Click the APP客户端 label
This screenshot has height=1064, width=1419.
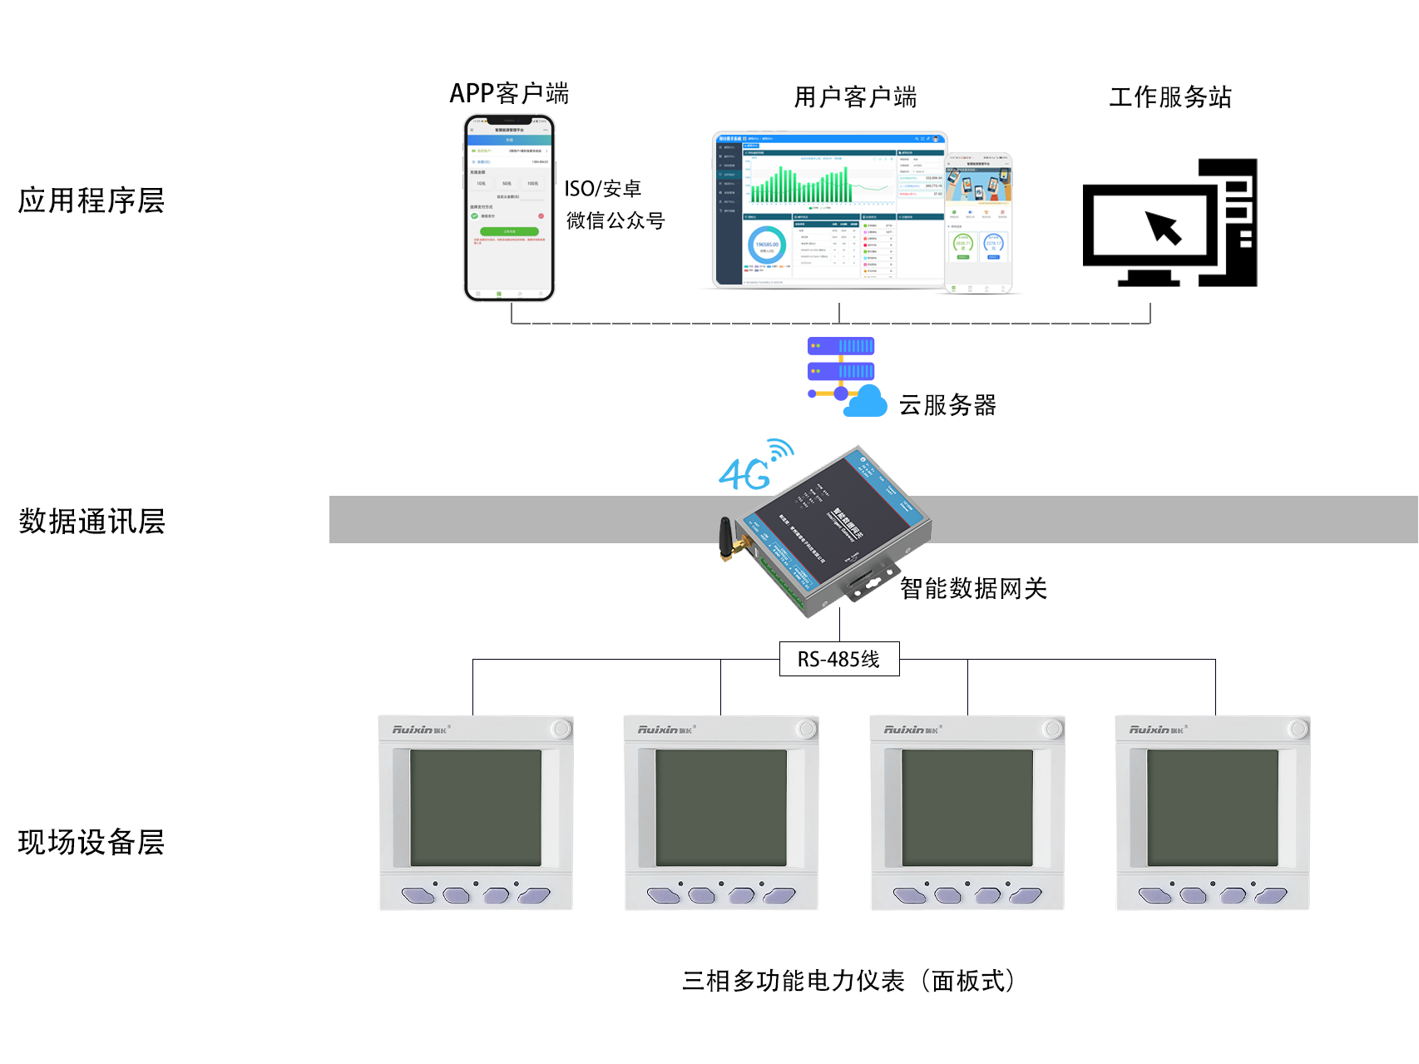pyautogui.click(x=509, y=93)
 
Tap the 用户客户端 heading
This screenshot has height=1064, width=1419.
pyautogui.click(x=855, y=97)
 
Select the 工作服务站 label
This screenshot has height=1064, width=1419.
pyautogui.click(x=1169, y=97)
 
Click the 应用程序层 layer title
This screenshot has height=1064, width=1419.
pyautogui.click(x=91, y=200)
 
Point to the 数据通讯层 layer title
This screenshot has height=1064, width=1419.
pyautogui.click(x=91, y=522)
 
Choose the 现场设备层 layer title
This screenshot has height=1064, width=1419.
pyautogui.click(x=91, y=842)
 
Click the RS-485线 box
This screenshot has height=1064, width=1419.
pyautogui.click(x=838, y=659)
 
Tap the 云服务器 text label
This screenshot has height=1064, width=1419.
pyautogui.click(x=947, y=405)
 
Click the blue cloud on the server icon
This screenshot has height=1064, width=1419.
pyautogui.click(x=866, y=402)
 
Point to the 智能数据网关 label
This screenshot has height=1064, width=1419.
pyautogui.click(x=973, y=588)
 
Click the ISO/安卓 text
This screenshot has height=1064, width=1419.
pyautogui.click(x=602, y=189)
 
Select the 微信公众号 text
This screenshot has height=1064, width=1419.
pyautogui.click(x=616, y=220)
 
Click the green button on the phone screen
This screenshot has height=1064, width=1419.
pyautogui.click(x=509, y=231)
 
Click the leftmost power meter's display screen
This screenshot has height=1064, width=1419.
pyautogui.click(x=476, y=807)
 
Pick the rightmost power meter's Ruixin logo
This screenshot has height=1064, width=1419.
pyautogui.click(x=1157, y=730)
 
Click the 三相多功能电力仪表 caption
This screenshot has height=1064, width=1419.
pyautogui.click(x=848, y=981)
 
